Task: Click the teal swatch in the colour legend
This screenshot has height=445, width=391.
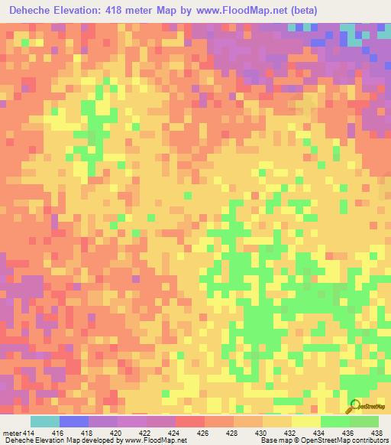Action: (45, 421)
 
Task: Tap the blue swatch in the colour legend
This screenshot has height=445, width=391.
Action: (74, 421)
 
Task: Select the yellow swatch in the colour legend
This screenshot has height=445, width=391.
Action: (306, 421)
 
